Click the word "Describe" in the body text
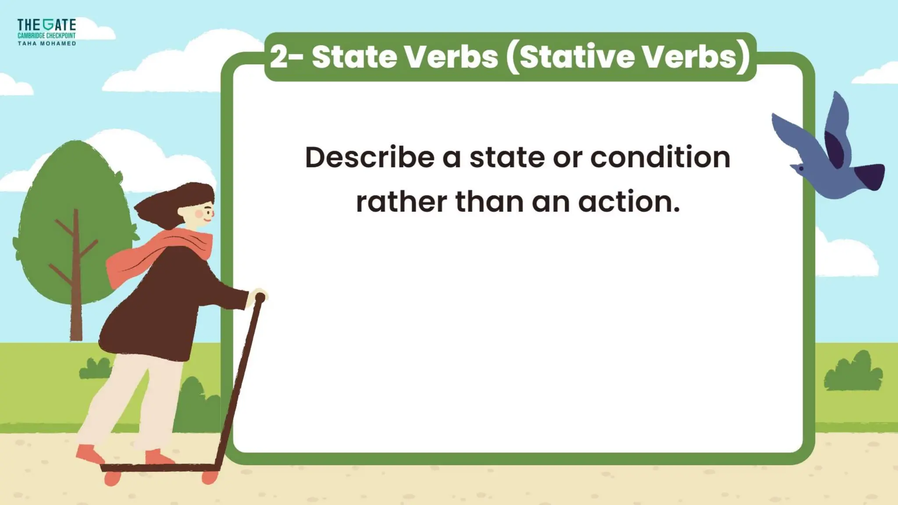click(369, 157)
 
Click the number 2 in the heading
click(279, 57)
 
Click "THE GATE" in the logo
click(46, 25)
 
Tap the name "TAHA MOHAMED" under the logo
click(47, 43)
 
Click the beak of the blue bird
click(793, 166)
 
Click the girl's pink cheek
click(200, 214)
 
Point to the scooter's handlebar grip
click(260, 298)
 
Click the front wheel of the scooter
click(210, 477)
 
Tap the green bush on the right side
click(853, 373)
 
